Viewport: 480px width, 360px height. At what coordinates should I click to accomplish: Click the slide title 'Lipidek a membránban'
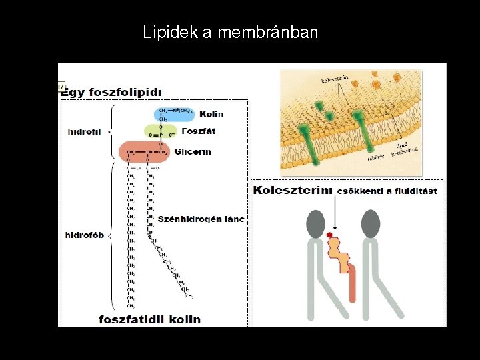[x=230, y=32]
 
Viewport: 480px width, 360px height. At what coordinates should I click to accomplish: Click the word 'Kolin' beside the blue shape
[x=211, y=114]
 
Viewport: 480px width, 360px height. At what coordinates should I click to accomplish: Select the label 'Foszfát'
[x=198, y=131]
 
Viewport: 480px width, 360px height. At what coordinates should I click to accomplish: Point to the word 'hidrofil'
[x=84, y=131]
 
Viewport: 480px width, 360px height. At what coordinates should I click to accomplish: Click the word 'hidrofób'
[x=85, y=235]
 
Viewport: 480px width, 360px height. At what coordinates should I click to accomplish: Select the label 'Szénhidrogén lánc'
[x=201, y=219]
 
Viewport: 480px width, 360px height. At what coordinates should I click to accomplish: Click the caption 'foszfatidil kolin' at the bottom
[x=149, y=319]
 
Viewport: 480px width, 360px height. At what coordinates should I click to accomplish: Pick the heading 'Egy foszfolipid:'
[x=114, y=92]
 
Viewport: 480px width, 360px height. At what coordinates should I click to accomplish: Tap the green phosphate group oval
[x=161, y=131]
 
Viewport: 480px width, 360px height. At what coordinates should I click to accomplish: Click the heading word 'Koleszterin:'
[x=293, y=190]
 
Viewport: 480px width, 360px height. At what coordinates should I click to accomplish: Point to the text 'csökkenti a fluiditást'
[x=387, y=191]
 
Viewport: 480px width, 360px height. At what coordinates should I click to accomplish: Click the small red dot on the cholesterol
[x=329, y=235]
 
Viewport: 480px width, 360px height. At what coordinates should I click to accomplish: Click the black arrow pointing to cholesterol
[x=333, y=213]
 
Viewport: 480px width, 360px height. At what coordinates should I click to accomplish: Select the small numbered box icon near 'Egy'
[x=61, y=87]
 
